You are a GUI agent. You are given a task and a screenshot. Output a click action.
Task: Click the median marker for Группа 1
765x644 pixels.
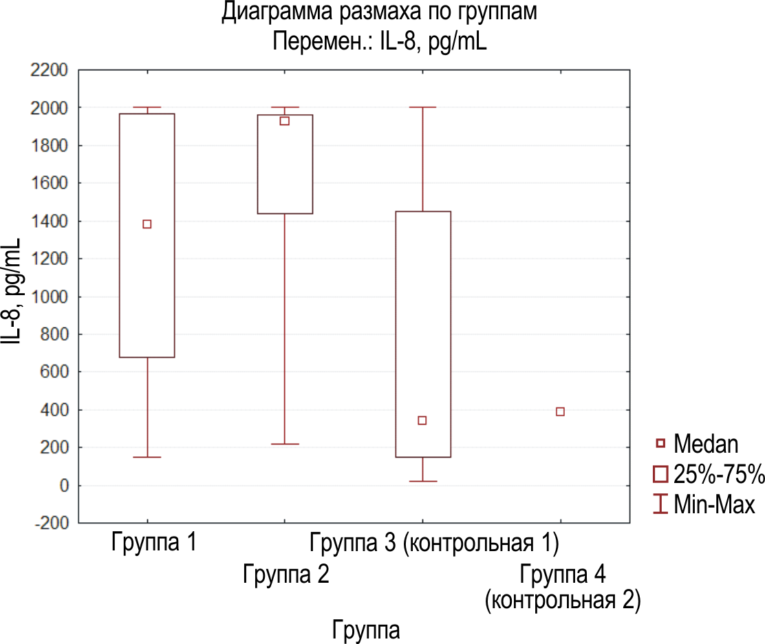pos(147,224)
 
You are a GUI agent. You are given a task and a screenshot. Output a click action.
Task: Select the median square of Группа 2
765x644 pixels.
pos(284,121)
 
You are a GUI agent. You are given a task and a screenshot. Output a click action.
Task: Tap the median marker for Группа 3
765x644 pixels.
pos(422,420)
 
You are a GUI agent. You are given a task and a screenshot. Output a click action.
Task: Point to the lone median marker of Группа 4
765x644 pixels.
pos(560,411)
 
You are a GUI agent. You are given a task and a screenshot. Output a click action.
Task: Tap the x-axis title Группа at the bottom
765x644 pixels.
pos(366,629)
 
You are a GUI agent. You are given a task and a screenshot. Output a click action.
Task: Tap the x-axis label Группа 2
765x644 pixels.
pos(286,575)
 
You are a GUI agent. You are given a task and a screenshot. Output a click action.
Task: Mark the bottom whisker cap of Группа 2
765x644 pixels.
pos(285,444)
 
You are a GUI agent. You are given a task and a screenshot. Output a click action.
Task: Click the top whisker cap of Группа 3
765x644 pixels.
pos(422,107)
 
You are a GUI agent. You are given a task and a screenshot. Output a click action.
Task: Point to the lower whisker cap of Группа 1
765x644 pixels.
pos(147,457)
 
